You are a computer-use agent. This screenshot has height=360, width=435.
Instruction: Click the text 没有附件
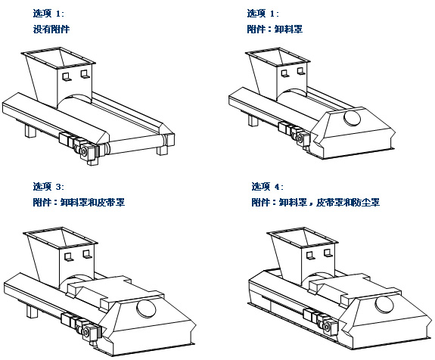(51, 29)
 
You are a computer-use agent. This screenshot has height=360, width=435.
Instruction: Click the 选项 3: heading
(48, 186)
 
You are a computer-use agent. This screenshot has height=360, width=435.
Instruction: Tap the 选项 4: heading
(268, 186)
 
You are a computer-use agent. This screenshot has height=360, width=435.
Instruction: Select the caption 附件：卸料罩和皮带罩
(79, 202)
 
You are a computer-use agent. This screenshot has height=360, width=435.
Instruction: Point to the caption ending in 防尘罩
(315, 202)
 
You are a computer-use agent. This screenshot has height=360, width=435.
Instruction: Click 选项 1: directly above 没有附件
(48, 14)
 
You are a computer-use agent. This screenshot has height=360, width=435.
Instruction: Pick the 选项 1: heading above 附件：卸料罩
(263, 14)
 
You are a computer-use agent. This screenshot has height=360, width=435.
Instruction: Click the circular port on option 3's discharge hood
(146, 309)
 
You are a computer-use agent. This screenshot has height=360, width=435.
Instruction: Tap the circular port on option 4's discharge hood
(384, 304)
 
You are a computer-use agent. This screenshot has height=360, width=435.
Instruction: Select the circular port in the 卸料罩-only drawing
(352, 118)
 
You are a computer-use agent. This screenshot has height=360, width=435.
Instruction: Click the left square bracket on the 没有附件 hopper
(67, 77)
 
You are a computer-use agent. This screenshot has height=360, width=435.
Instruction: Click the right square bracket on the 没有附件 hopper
(85, 74)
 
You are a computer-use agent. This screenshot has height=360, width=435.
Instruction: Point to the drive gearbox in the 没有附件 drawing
(88, 151)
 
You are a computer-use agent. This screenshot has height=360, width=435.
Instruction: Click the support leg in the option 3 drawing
(32, 311)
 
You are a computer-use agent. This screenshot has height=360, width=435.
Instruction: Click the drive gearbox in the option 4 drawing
(329, 327)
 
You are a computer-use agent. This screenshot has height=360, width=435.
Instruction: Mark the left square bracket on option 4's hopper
(310, 256)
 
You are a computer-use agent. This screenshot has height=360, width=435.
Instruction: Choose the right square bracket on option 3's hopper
(87, 254)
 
